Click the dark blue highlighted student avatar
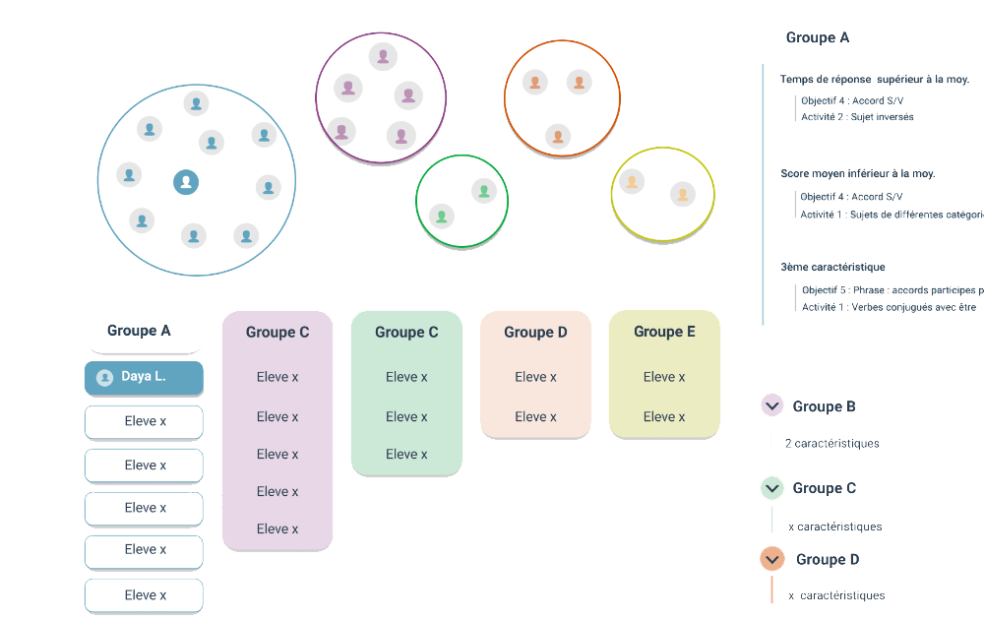[186, 181]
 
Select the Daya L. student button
[144, 377]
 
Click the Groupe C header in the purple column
[277, 333]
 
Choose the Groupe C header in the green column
[406, 333]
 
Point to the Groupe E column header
[664, 332]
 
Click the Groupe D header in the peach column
[535, 333]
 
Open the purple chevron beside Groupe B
[771, 405]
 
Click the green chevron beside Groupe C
[771, 487]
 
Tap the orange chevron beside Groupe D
[771, 559]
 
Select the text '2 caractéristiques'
[831, 444]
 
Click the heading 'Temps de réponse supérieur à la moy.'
[875, 80]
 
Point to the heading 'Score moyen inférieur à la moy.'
[858, 174]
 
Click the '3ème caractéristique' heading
[832, 267]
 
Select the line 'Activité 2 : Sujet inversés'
[857, 117]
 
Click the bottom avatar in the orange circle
[558, 136]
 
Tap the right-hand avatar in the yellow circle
[683, 194]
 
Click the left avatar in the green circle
[442, 215]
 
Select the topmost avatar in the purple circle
[383, 56]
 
